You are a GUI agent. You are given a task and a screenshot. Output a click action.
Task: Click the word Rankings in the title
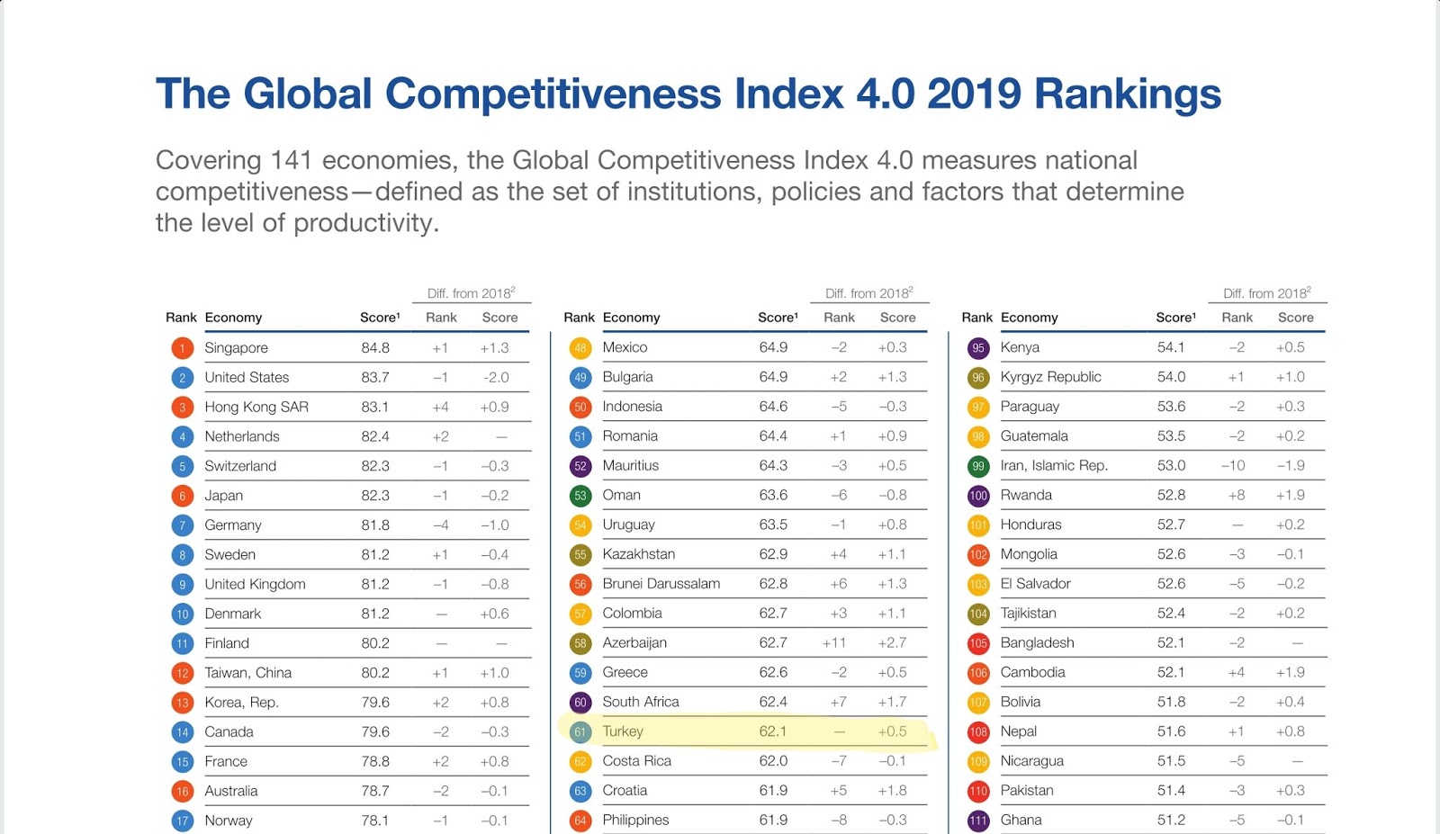click(x=1127, y=94)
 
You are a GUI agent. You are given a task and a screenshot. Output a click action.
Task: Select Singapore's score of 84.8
click(x=375, y=348)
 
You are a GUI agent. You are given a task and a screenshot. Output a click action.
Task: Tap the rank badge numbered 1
click(x=182, y=348)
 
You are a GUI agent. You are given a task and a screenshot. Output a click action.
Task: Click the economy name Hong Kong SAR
click(x=256, y=407)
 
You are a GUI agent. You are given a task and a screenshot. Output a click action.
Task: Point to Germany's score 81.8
click(x=375, y=525)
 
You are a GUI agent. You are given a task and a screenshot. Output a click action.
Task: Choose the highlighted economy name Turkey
click(x=623, y=731)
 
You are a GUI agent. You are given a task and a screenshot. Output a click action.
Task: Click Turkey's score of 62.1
click(x=773, y=731)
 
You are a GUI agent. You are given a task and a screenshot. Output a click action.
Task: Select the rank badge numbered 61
click(x=580, y=732)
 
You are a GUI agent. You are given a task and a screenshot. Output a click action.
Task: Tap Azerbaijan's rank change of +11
click(x=834, y=642)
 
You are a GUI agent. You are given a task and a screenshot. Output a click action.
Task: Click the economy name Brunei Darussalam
click(x=661, y=584)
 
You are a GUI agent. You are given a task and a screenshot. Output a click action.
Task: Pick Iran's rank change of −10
click(x=1233, y=466)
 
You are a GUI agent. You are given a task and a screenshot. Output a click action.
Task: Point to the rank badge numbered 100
click(x=978, y=496)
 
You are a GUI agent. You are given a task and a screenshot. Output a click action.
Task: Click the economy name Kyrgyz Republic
click(x=1050, y=377)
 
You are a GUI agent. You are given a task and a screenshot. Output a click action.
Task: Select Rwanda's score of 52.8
click(x=1171, y=496)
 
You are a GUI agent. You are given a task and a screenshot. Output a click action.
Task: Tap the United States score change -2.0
click(x=495, y=378)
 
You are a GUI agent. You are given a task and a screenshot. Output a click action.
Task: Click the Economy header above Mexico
click(x=631, y=318)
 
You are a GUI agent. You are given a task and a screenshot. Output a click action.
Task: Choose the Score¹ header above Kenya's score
click(x=1175, y=318)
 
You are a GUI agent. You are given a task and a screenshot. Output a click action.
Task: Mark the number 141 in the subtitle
click(x=291, y=160)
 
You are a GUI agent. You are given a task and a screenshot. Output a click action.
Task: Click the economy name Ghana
click(x=1021, y=820)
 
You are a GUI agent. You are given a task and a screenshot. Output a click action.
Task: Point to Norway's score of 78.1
click(x=375, y=821)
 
